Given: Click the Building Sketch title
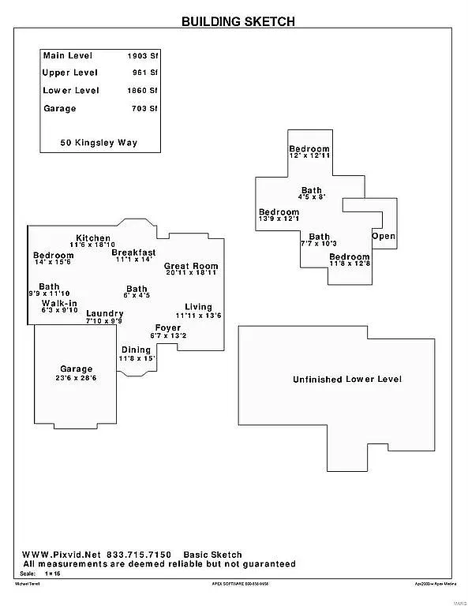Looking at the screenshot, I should pos(238,21).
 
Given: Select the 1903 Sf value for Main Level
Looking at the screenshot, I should pos(143,56).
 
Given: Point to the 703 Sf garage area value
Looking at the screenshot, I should pos(145,109).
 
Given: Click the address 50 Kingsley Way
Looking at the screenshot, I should pos(99,144).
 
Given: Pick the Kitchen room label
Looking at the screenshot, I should pos(93,238).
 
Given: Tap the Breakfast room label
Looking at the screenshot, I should pos(133,252).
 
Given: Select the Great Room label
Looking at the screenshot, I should pos(191,267).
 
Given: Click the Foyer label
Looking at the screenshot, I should pos(167,327).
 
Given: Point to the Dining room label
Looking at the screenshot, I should pos(136,350).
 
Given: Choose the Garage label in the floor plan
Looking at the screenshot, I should pos(77,368).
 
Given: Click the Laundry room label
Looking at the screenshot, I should pos(104,313).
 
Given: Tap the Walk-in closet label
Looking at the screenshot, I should pos(59,303).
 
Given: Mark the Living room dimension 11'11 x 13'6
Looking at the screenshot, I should pos(199,316).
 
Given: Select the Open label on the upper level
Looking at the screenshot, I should pos(384,236).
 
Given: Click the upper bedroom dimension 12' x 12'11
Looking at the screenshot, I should pos(309,157).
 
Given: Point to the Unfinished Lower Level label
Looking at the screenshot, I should pos(347,380).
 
